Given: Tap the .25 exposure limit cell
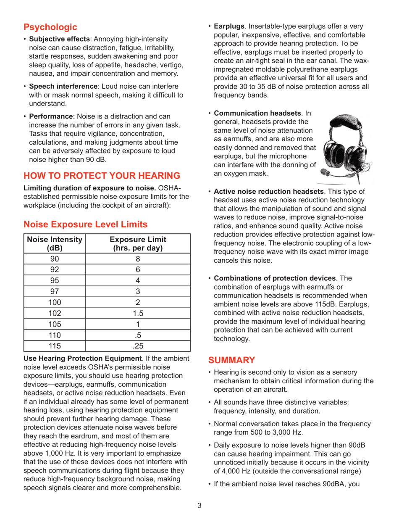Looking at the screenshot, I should pos(138,346).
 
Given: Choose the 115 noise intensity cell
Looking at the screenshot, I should pos(55,346).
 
